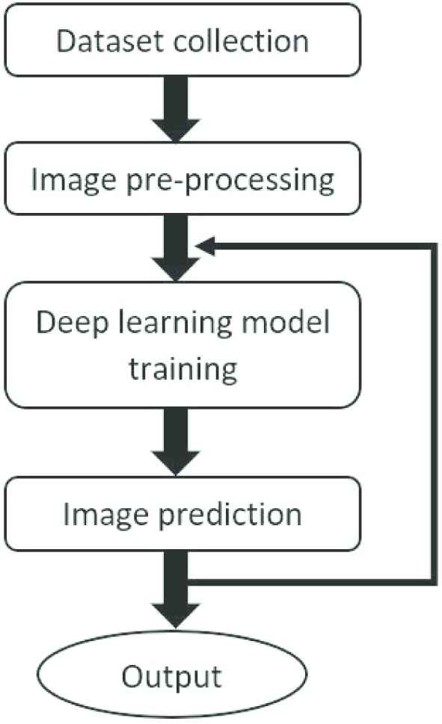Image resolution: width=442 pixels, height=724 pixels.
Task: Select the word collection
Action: coord(241,41)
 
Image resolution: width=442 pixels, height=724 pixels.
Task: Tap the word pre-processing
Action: coord(230,181)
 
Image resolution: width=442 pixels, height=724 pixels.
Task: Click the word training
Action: coord(183,369)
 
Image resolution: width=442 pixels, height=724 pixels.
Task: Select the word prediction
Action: coord(230,515)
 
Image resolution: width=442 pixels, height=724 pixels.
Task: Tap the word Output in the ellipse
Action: coord(171,678)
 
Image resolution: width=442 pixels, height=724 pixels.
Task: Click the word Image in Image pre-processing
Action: coord(73,180)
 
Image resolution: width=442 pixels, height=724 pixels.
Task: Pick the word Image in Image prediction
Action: coord(105,515)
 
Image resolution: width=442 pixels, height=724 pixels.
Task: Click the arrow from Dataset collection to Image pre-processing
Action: coord(176,109)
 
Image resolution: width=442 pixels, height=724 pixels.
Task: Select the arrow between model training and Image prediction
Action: coord(176,442)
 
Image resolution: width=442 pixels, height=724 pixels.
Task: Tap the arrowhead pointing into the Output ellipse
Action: coord(176,616)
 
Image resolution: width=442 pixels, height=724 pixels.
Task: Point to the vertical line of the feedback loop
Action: coord(434,414)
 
